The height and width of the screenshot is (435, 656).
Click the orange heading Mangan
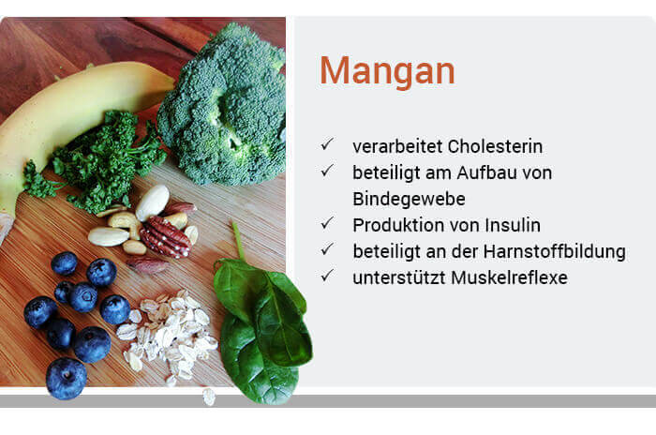(387, 70)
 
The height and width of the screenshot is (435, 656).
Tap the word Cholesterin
(495, 146)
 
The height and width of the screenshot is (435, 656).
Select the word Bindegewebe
(409, 199)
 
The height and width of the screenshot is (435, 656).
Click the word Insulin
(513, 225)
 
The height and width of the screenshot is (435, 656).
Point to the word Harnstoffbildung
(555, 251)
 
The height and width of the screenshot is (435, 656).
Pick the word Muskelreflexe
(509, 277)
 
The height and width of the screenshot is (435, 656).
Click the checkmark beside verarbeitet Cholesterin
(327, 144)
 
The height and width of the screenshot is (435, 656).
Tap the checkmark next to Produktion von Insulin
(327, 223)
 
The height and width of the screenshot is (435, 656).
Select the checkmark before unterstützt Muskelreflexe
(327, 275)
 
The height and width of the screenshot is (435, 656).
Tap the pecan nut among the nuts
(165, 236)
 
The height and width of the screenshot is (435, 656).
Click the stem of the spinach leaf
(238, 240)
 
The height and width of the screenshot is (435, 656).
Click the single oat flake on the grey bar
(209, 397)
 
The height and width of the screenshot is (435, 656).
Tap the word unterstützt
(398, 277)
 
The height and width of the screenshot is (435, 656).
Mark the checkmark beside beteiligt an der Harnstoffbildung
(327, 248)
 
